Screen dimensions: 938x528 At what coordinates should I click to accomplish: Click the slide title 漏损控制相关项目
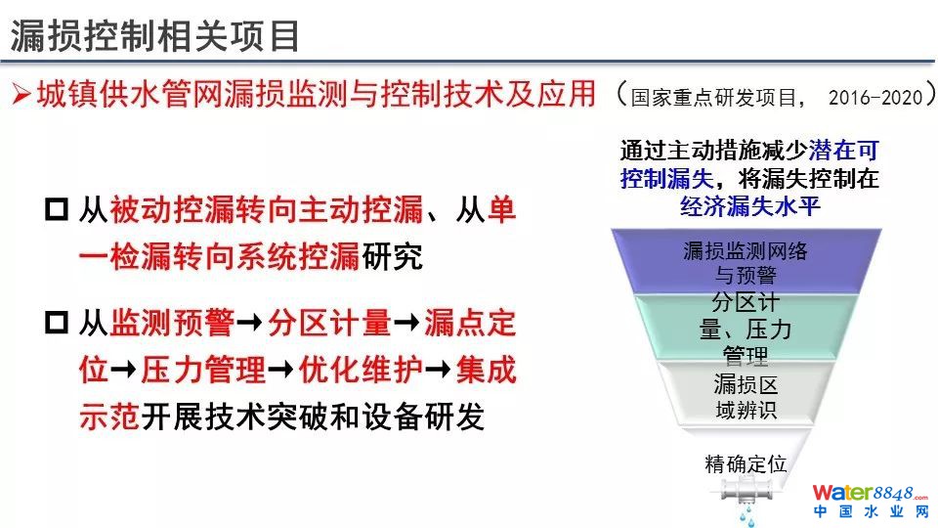(155, 36)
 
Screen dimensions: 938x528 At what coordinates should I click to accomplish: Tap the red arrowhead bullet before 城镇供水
(21, 94)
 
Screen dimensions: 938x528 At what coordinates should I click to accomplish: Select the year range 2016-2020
(875, 97)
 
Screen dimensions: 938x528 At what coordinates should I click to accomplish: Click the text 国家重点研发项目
(713, 98)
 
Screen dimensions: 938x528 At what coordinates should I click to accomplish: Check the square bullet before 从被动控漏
(57, 209)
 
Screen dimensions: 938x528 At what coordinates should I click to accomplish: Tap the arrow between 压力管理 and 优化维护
(280, 370)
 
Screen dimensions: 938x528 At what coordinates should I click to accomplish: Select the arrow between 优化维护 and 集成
(438, 370)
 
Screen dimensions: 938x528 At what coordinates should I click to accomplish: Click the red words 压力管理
(203, 370)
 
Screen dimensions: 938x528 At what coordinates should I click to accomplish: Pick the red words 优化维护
(361, 370)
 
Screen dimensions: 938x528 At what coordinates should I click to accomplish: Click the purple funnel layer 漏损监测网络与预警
(746, 262)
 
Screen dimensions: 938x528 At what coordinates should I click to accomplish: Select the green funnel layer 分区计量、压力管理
(746, 329)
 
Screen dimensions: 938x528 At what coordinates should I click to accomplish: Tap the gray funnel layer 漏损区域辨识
(746, 395)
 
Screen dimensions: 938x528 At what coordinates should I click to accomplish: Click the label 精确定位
(746, 463)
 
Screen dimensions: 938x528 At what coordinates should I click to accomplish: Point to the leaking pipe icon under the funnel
(746, 498)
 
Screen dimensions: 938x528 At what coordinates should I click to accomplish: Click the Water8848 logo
(871, 501)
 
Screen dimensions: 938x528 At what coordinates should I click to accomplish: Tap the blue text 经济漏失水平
(749, 207)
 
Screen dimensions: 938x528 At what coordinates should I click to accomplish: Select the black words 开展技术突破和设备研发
(313, 417)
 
